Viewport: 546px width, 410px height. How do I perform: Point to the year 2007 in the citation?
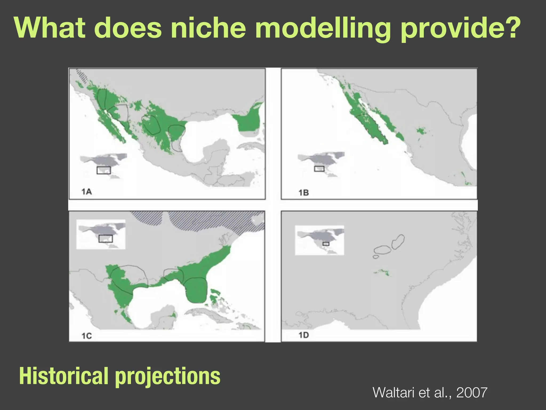point(472,393)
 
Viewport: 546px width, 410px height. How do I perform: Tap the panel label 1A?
point(86,191)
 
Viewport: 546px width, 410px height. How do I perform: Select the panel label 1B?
point(303,192)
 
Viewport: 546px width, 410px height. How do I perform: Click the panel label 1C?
point(87,336)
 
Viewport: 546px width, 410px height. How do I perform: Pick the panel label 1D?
point(303,335)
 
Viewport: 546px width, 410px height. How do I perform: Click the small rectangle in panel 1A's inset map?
point(103,170)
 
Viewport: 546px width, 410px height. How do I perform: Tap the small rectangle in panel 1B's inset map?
point(319,169)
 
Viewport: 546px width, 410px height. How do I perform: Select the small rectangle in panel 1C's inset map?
point(106,238)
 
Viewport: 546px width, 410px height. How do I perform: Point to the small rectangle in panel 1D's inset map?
point(326,244)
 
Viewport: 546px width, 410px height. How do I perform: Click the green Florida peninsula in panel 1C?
point(196,291)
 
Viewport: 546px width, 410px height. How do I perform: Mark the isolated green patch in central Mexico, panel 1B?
point(421,131)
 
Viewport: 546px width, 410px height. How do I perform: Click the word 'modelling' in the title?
point(323,28)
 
